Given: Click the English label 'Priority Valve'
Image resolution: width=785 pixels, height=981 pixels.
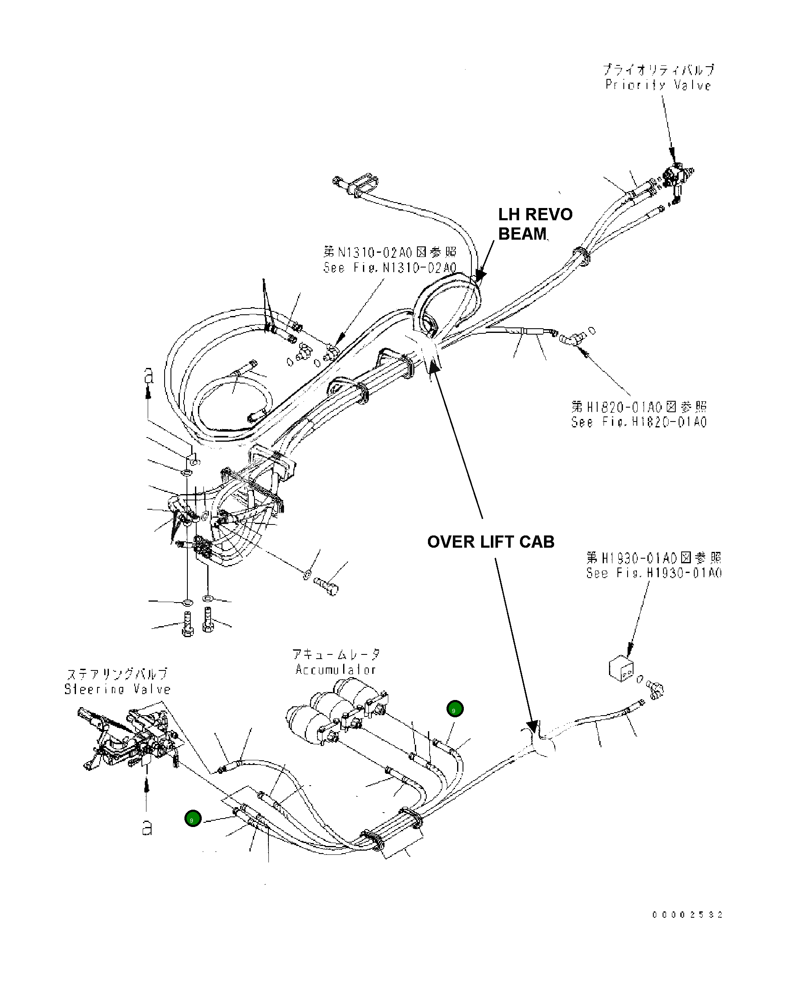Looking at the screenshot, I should coord(658,85).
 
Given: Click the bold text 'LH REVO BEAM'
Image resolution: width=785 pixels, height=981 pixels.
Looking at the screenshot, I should coord(535,224).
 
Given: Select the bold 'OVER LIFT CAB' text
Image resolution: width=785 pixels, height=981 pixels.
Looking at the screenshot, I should coord(490,542).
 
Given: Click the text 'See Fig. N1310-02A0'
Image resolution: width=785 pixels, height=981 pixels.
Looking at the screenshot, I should coord(390,268).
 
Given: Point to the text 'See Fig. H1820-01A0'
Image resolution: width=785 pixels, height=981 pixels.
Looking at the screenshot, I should coord(639,422).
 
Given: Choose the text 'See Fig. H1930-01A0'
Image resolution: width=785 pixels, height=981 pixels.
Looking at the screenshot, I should coord(653,573).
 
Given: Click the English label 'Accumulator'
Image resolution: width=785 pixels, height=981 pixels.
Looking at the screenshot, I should coord(336,670).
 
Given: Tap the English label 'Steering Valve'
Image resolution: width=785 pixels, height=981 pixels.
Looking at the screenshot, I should coord(117,689).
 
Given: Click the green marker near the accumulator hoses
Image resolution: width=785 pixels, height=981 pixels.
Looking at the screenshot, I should coord(455,708).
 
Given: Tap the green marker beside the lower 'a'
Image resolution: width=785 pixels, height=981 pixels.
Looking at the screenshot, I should coord(193,818).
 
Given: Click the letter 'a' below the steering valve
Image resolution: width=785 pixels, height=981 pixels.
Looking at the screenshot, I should coord(146,828).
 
